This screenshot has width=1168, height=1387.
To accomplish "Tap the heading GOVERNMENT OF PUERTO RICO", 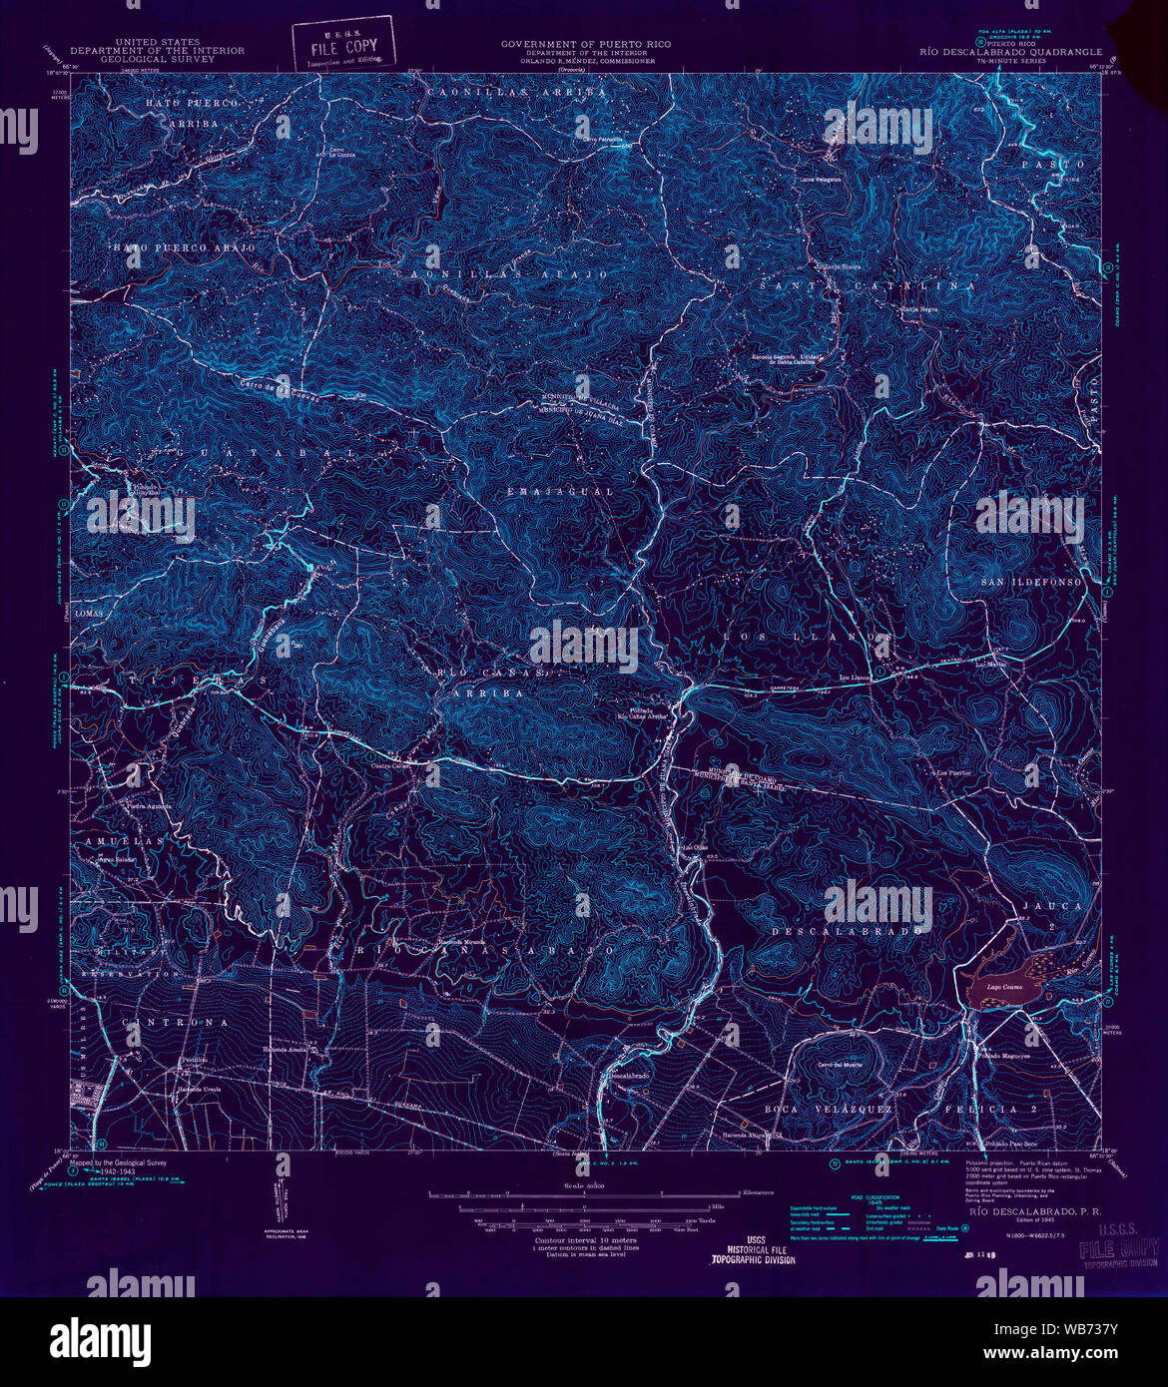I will pyautogui.click(x=585, y=44).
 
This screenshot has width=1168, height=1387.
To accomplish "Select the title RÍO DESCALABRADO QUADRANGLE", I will pyautogui.click(x=1010, y=52).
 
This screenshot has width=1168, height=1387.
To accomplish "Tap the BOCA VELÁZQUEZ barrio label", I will pyautogui.click(x=813, y=1109).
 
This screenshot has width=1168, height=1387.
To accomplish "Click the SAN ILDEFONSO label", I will pyautogui.click(x=1030, y=582).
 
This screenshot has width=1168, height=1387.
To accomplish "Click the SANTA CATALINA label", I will pyautogui.click(x=867, y=285).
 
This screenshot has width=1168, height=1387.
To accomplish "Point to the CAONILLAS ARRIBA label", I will pyautogui.click(x=515, y=91).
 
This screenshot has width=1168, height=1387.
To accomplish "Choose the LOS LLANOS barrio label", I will pyautogui.click(x=806, y=636).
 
